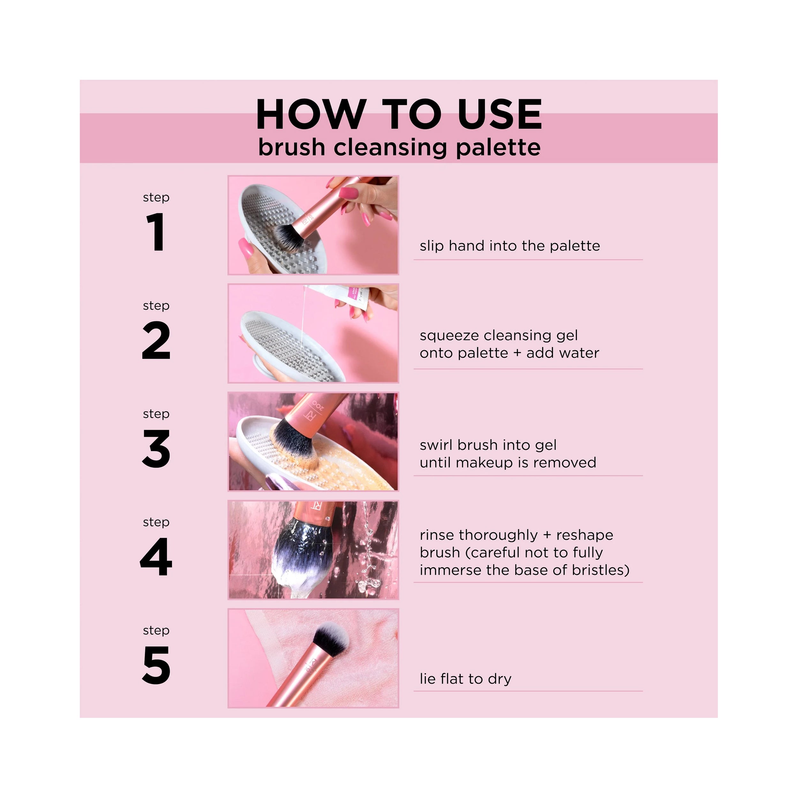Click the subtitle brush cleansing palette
pyautogui.click(x=399, y=147)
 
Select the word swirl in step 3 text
pyautogui.click(x=436, y=445)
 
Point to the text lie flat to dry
pyautogui.click(x=465, y=679)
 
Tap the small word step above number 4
pyautogui.click(x=156, y=522)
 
